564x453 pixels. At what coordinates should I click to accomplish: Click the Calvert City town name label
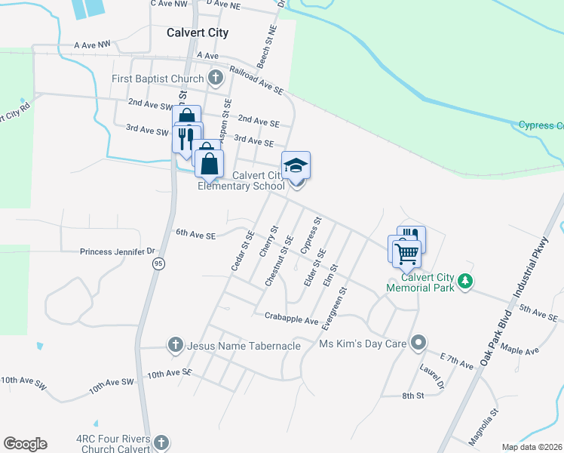(x=197, y=32)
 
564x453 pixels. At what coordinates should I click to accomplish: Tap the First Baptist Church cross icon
(x=216, y=78)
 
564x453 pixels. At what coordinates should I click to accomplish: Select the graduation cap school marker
(x=296, y=166)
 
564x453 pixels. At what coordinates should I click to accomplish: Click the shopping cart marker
(x=406, y=254)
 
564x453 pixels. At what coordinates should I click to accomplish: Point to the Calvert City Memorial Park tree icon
(x=466, y=281)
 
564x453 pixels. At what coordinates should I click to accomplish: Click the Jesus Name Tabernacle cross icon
(x=175, y=345)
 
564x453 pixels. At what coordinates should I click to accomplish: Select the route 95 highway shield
(x=158, y=263)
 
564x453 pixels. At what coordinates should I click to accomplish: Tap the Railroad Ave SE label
(x=256, y=79)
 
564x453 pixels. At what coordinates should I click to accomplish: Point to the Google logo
(x=25, y=444)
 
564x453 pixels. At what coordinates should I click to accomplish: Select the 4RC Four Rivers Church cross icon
(x=161, y=441)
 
